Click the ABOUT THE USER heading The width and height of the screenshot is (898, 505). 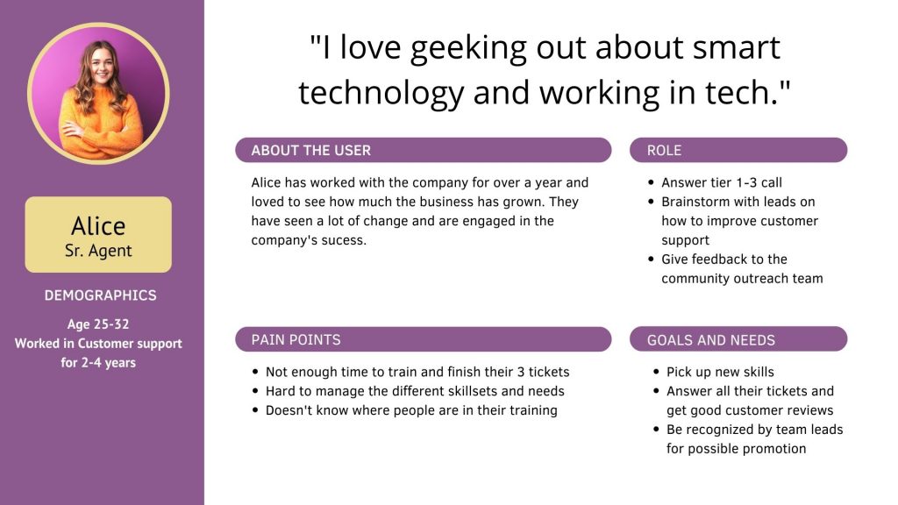(x=311, y=150)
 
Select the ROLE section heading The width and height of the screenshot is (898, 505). (x=664, y=150)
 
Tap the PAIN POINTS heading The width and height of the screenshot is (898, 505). (x=296, y=339)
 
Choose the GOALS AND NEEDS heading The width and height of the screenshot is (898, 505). (x=710, y=340)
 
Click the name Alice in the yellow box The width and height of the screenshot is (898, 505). (x=98, y=225)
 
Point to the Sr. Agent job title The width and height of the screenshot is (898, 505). (x=98, y=251)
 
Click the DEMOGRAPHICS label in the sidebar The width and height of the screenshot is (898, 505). (x=100, y=295)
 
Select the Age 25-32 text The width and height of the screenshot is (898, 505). (x=98, y=324)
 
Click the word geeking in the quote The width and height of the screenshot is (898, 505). (x=468, y=48)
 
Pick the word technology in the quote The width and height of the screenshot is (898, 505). (x=381, y=93)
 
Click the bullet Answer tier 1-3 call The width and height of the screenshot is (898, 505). (x=721, y=182)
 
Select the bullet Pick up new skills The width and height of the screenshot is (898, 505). (x=720, y=372)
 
